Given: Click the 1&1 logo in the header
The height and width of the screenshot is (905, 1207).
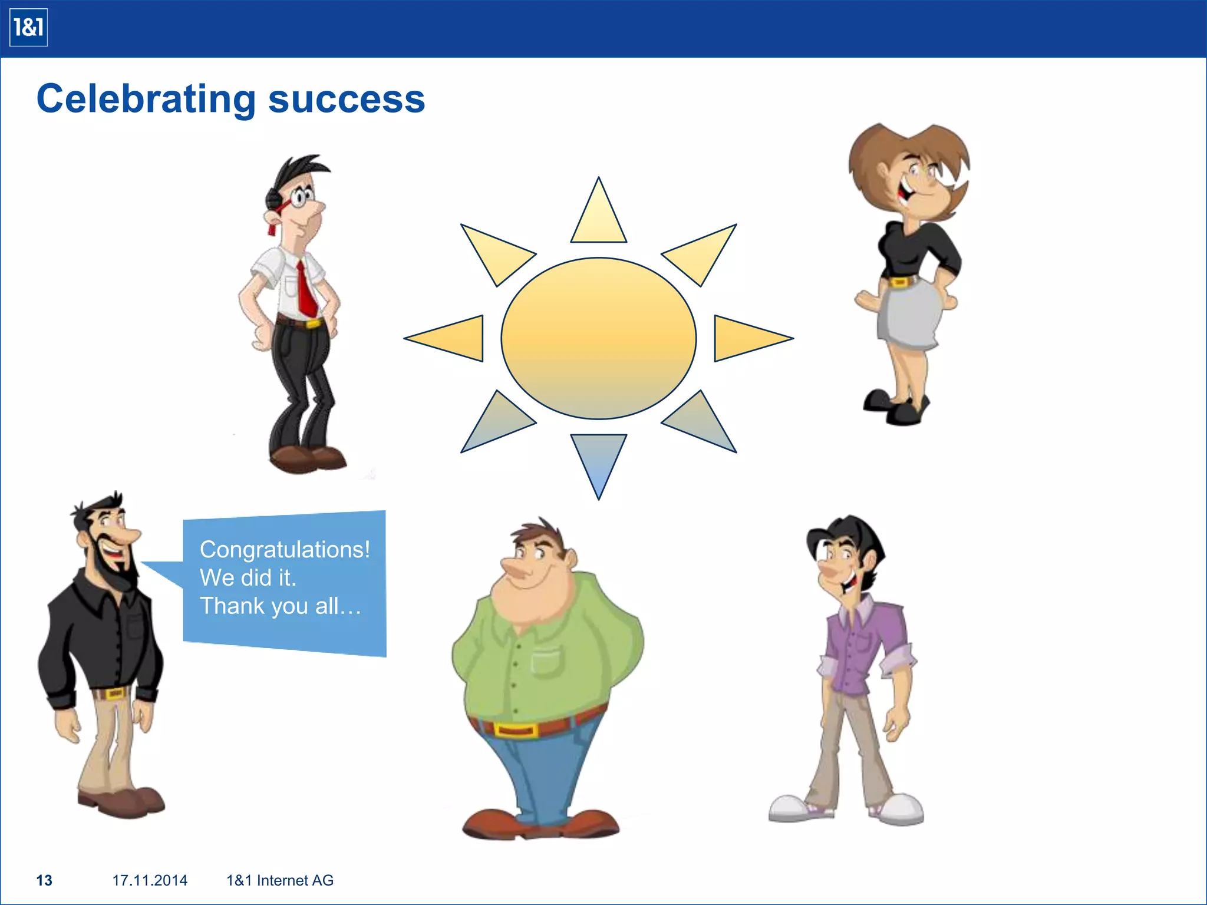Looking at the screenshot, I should (x=28, y=28).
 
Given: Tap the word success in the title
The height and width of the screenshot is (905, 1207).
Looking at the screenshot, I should (x=347, y=99).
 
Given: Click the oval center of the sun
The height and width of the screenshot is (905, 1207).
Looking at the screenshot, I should (x=598, y=338).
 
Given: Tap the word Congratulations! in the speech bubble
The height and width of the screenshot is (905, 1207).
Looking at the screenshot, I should (x=285, y=550).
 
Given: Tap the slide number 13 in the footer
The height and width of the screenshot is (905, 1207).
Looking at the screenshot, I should (x=44, y=880).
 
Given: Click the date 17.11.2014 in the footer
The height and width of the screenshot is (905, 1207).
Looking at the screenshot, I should (x=150, y=880).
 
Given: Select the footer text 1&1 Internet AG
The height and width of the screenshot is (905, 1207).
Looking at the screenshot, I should (x=280, y=880).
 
